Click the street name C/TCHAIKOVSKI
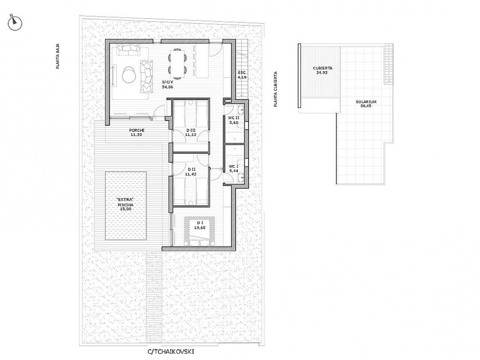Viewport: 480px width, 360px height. coord(171,352)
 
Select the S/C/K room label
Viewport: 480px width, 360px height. coord(168,82)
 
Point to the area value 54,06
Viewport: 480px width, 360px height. coord(168,87)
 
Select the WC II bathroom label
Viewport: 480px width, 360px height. coord(234,118)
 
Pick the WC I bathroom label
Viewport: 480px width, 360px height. coord(234,166)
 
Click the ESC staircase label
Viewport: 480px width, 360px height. coord(241,73)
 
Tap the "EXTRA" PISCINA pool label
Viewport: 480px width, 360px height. coord(125,200)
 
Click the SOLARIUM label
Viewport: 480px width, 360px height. coord(366,101)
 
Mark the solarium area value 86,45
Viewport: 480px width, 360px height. coord(366,106)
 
